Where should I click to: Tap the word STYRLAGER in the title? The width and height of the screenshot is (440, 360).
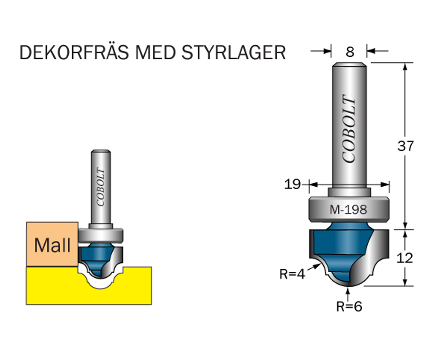[233, 52]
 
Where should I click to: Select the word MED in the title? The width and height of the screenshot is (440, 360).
[156, 52]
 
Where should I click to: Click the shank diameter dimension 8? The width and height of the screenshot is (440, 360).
[350, 52]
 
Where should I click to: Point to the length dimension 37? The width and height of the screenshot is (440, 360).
[406, 146]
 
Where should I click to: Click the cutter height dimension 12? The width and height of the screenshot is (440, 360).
[405, 258]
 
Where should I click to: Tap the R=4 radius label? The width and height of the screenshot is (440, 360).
[292, 274]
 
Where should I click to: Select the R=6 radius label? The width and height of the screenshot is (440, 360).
[349, 306]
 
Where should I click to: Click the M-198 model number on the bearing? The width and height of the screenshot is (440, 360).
[348, 210]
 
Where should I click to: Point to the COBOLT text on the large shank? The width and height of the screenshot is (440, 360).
[350, 129]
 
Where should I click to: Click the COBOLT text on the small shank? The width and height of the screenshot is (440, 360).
[101, 187]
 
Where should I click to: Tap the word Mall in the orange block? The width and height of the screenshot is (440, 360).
[52, 245]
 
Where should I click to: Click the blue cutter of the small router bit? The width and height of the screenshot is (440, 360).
[97, 256]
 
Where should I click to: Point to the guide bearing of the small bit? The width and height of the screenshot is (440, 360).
[101, 235]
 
